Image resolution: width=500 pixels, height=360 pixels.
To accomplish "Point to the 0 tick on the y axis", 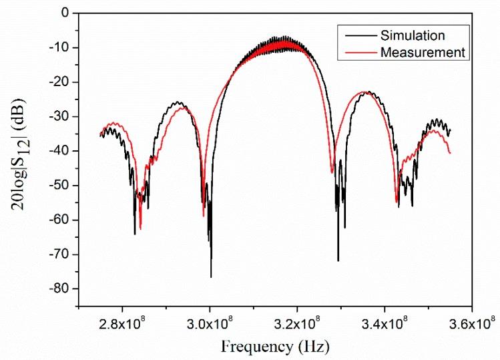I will (x=65, y=12).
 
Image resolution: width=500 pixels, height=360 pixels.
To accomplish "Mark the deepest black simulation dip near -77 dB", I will (x=211, y=276).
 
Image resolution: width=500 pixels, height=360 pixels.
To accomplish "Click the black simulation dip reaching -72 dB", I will (x=338, y=260).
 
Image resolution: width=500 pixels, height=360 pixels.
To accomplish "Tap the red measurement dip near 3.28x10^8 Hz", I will (x=332, y=172).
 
